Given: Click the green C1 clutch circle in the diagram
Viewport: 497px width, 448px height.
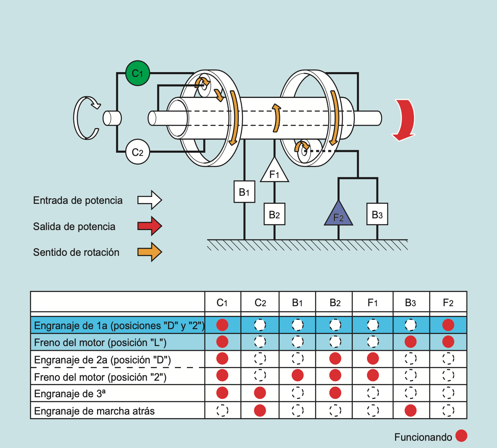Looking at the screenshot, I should click(137, 73).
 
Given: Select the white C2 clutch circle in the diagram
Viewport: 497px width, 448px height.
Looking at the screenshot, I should click(137, 152).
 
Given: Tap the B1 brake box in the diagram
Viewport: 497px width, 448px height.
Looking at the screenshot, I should click(244, 191).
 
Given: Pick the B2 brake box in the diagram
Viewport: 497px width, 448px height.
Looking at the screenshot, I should click(274, 214).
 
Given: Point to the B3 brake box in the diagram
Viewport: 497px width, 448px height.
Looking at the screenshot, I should click(377, 214).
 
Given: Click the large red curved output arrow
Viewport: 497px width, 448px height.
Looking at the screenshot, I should click(404, 120).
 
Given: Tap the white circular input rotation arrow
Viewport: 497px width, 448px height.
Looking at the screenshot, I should click(86, 118).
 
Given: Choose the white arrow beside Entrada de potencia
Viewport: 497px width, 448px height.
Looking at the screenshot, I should click(149, 200).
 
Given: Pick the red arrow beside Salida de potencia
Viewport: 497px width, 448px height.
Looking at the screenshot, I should click(149, 226).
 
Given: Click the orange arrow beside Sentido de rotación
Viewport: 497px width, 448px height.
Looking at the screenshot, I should click(149, 252).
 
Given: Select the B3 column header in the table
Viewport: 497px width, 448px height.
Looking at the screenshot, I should click(410, 303).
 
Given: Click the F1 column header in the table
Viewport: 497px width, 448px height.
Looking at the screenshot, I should click(373, 303).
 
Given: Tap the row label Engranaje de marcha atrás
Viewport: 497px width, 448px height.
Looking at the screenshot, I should click(94, 411).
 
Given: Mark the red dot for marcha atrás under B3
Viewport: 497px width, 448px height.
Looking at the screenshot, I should click(410, 411).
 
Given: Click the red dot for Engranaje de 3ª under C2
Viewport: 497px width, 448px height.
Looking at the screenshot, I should click(260, 393).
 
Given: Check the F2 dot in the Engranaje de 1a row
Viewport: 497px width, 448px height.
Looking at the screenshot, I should click(448, 325).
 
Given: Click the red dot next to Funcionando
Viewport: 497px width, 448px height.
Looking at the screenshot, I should click(461, 436).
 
